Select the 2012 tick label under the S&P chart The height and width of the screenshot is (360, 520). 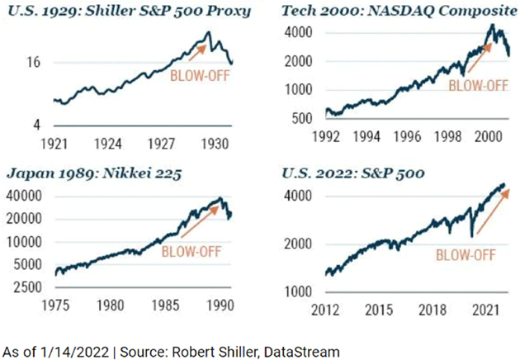pyautogui.click(x=324, y=308)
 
